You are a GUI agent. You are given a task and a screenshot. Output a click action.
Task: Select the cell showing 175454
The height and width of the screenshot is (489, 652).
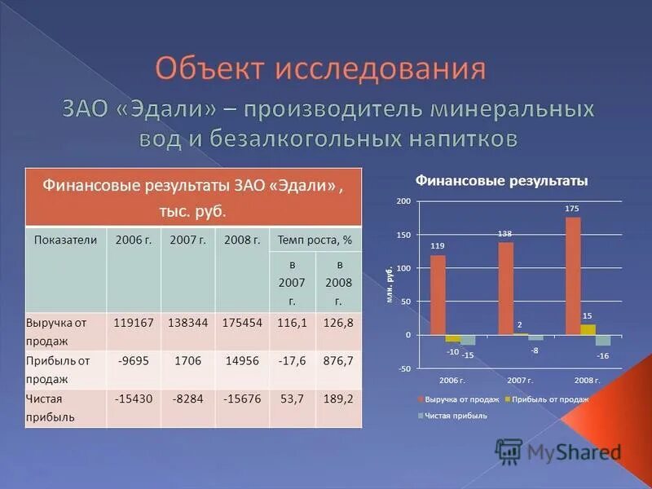pos(242,323)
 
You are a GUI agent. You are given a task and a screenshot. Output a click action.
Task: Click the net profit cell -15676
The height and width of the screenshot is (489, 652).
pos(242,399)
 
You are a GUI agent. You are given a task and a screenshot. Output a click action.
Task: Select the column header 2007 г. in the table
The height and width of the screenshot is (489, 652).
pos(187,240)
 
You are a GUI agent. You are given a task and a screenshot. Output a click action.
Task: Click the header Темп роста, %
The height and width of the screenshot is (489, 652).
pos(315,240)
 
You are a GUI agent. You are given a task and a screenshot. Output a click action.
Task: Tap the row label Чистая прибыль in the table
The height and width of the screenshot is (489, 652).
pos(51,407)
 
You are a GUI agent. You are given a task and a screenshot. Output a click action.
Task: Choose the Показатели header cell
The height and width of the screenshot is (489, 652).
pos(66,240)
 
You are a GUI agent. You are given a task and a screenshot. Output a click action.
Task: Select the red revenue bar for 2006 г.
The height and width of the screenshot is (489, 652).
pos(438,294)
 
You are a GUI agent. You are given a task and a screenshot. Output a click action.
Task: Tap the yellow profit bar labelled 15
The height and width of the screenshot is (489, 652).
pos(588,329)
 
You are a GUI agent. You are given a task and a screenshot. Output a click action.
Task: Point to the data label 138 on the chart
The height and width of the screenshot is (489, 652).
pos(505,234)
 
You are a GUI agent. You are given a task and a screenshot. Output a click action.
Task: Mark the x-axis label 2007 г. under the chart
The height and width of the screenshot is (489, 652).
pos(520,381)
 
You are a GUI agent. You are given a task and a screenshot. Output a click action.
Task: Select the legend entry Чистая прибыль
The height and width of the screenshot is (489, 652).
pos(456,415)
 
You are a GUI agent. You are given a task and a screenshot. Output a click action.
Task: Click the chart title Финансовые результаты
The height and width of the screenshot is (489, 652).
pos(501,180)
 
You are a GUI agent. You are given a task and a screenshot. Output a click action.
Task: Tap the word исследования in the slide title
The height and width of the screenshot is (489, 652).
pos(381,68)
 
